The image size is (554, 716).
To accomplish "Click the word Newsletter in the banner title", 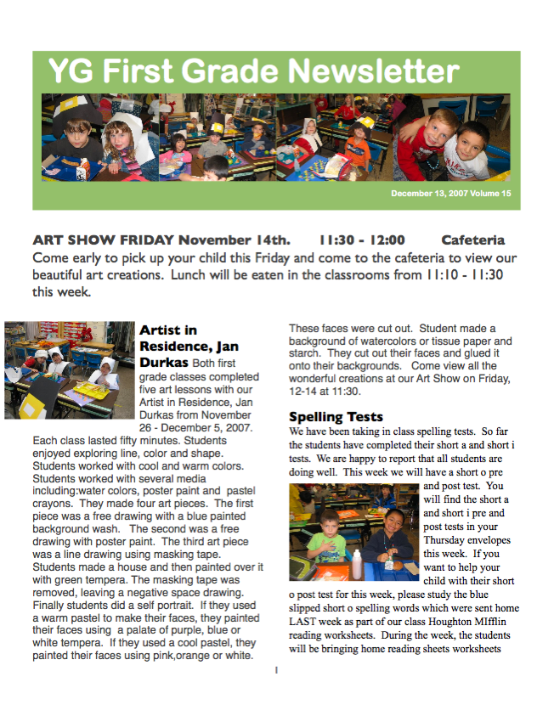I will [x=362, y=70].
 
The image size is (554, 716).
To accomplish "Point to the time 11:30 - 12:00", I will [x=361, y=240].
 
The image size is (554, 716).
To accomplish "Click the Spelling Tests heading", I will [x=336, y=417].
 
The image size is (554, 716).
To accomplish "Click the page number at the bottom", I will [x=276, y=671].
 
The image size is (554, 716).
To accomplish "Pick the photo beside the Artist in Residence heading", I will [x=69, y=370].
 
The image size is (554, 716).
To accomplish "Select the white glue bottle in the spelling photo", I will [x=358, y=564].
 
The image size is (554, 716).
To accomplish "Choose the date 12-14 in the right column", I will [x=302, y=392].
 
